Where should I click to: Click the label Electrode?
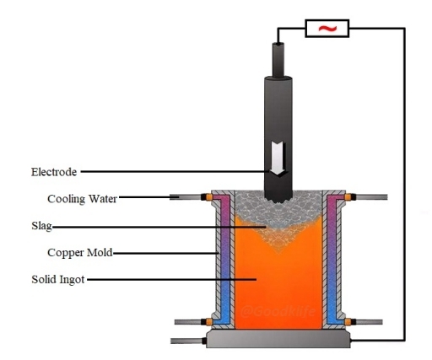click(x=54, y=172)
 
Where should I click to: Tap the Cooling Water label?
click(x=82, y=199)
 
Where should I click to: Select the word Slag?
click(x=41, y=226)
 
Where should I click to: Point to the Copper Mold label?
click(x=80, y=252)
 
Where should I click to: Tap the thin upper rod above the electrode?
click(x=277, y=59)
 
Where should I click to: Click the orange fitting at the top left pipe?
click(x=205, y=198)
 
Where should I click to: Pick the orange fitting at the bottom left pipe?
click(x=205, y=321)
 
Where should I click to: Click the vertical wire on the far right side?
click(x=403, y=185)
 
